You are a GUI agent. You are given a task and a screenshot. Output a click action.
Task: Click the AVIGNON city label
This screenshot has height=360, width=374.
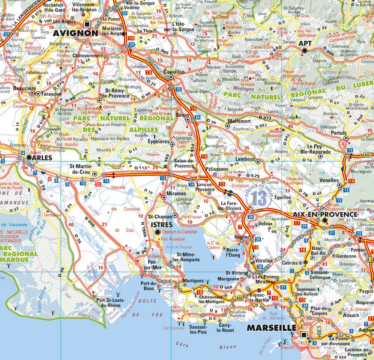[75, 33]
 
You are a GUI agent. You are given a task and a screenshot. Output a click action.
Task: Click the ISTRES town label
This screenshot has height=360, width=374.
[161, 225]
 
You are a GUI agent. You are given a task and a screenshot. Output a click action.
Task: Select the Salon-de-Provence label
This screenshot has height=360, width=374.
[184, 163]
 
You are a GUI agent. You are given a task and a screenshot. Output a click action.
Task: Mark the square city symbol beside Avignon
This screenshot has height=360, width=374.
[88, 25]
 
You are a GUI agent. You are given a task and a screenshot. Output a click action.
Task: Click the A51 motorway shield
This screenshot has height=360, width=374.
[368, 155]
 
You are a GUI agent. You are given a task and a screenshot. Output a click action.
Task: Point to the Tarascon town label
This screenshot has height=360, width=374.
[51, 94]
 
